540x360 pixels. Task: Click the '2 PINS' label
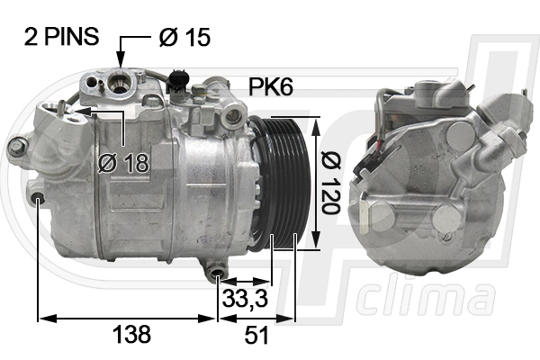(x=61, y=37)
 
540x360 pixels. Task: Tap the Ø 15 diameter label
(x=184, y=37)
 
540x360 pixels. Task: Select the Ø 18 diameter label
(x=123, y=163)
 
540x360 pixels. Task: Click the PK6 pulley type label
(x=271, y=86)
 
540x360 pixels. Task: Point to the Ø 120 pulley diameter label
(x=330, y=182)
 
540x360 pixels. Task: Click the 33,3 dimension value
(x=245, y=298)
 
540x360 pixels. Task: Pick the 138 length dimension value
(x=132, y=334)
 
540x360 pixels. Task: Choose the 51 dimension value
(x=256, y=335)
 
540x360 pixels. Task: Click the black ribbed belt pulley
(x=280, y=183)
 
